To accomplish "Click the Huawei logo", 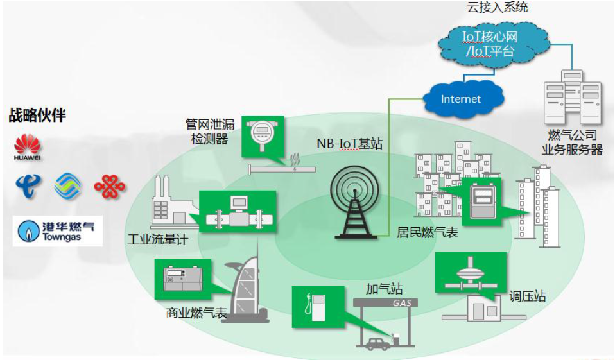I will [x=27, y=147].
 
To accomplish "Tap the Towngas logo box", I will [x=58, y=231].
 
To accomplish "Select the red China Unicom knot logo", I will [x=109, y=186].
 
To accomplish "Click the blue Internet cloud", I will [x=461, y=99].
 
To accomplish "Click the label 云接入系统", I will [x=498, y=8].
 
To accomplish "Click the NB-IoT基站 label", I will [x=349, y=144].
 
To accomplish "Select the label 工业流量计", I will [x=157, y=239].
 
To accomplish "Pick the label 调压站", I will [x=527, y=296].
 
